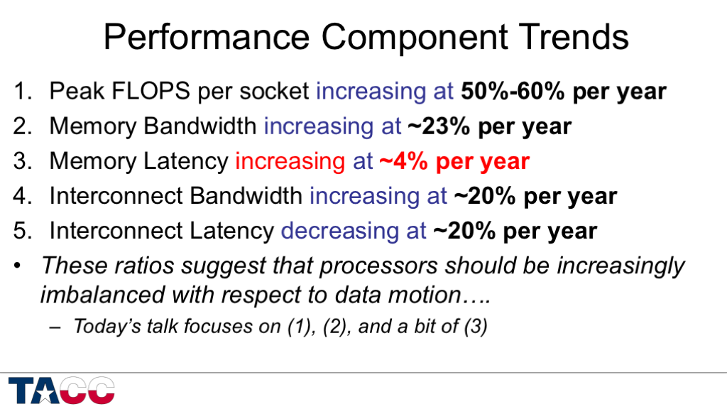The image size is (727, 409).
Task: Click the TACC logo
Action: [x=62, y=391]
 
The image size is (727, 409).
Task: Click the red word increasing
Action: [x=289, y=161]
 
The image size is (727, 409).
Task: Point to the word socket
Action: [x=274, y=92]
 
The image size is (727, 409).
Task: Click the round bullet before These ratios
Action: [x=18, y=266]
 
